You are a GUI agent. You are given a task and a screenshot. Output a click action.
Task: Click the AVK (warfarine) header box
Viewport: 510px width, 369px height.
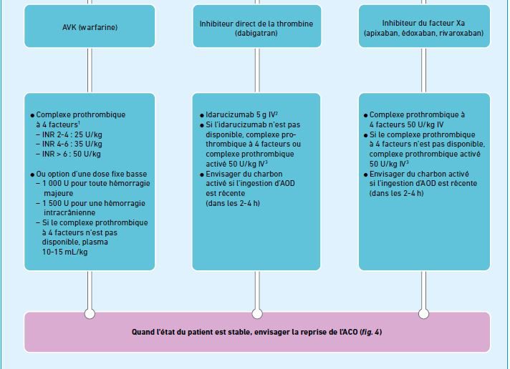pyautogui.click(x=90, y=26)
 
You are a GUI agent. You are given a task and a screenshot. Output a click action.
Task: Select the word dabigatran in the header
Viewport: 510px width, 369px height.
pyautogui.click(x=256, y=33)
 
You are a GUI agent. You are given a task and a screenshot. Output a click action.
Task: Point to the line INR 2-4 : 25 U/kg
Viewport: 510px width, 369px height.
pyautogui.click(x=72, y=134)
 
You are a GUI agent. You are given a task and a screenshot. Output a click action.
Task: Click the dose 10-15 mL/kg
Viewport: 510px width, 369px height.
pyautogui.click(x=64, y=252)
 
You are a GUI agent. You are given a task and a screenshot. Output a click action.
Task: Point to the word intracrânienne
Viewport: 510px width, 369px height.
pyautogui.click(x=69, y=213)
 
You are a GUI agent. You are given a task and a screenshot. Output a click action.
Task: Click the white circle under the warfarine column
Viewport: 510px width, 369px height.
pyautogui.click(x=90, y=314)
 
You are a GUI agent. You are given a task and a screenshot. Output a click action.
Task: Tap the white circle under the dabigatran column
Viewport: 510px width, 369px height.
pyautogui.click(x=257, y=314)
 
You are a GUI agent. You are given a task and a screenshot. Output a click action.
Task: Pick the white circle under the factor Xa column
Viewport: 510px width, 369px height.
pyautogui.click(x=423, y=314)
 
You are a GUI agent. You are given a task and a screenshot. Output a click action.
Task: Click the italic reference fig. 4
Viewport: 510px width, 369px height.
pyautogui.click(x=371, y=332)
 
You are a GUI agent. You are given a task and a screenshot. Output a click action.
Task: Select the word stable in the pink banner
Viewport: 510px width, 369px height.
pyautogui.click(x=239, y=332)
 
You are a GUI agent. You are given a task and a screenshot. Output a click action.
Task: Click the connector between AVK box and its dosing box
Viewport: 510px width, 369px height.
pyautogui.click(x=90, y=70)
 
